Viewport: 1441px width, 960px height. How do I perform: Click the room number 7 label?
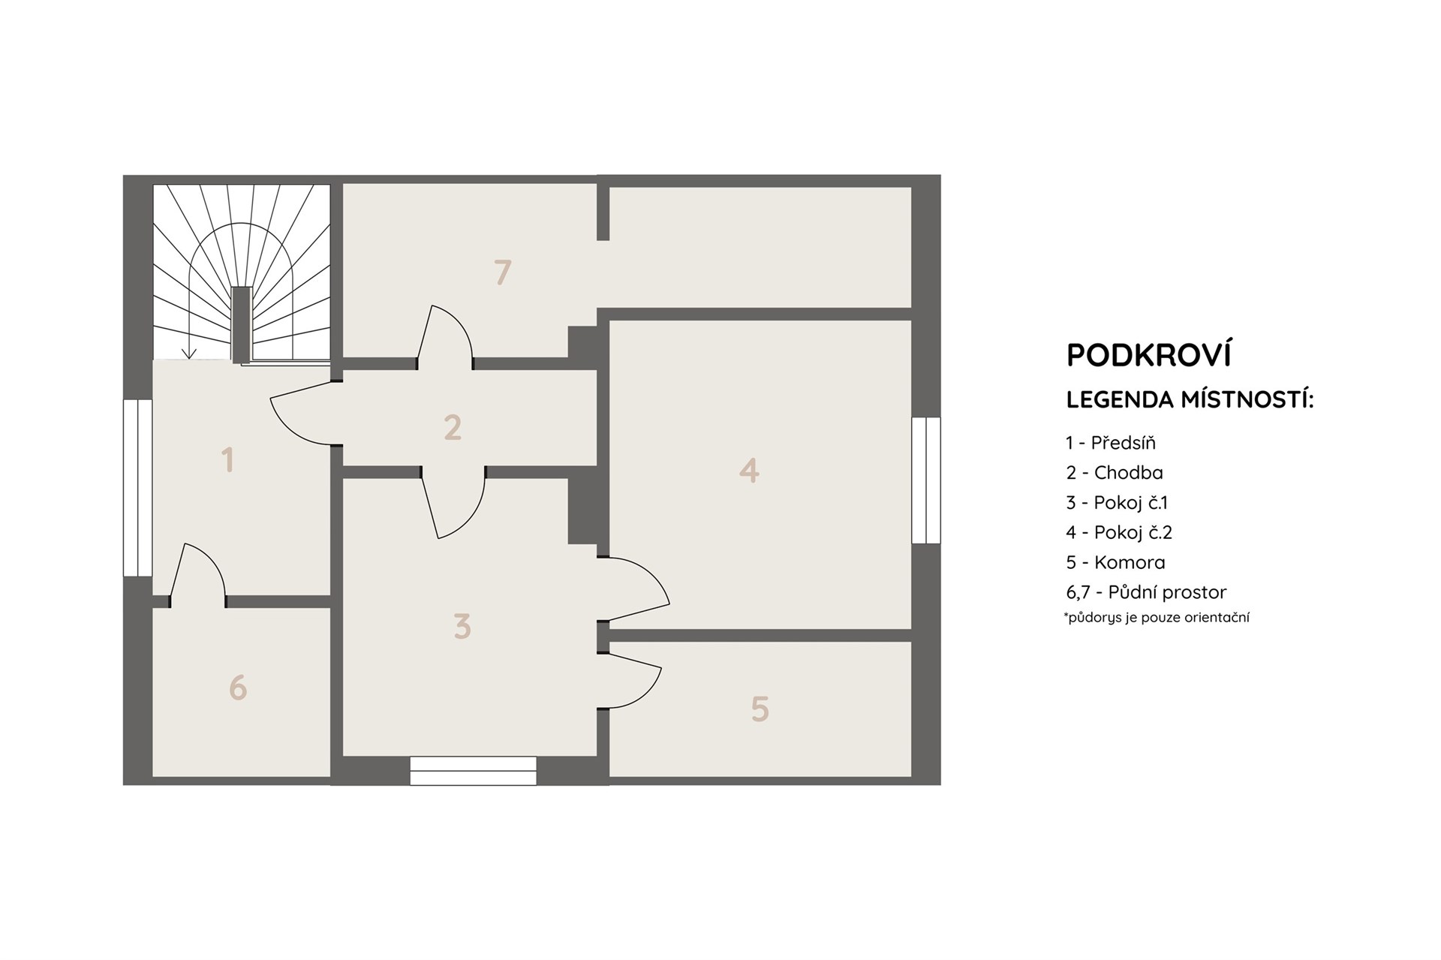503,272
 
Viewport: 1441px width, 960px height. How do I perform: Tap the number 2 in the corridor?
453,427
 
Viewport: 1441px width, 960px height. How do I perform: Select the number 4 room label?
749,471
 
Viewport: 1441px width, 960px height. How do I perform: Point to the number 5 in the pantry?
760,709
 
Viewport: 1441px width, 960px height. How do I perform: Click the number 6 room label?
238,688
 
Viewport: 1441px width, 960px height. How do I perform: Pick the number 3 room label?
462,626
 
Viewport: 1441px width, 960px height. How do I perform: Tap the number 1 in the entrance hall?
228,459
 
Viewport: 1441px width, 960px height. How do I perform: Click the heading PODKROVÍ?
1149,355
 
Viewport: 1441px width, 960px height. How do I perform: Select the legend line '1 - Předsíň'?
1111,443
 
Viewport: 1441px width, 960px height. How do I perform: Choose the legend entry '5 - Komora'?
1115,562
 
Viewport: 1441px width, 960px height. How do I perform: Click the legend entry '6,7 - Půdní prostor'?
1146,593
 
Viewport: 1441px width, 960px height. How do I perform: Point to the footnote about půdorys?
1157,618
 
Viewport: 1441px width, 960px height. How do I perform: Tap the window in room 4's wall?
926,480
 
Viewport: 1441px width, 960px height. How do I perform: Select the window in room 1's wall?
138,488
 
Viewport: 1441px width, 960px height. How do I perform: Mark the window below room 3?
473,771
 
